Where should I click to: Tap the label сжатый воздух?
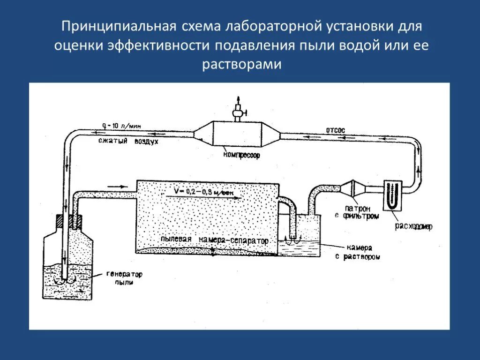click(128, 141)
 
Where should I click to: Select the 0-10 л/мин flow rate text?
click(121, 126)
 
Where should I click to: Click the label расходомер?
click(413, 226)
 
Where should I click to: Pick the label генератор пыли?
click(124, 278)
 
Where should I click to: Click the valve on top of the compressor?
click(238, 111)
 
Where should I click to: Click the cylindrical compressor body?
click(237, 135)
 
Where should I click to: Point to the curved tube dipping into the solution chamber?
click(290, 211)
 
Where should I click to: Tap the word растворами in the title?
click(242, 64)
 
